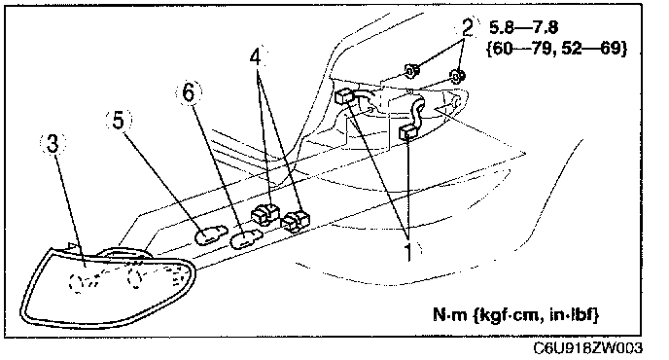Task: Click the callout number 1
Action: [x=408, y=252]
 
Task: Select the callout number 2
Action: [x=467, y=28]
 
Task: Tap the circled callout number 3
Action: [x=53, y=143]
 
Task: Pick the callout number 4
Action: [x=255, y=57]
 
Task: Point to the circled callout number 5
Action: [x=119, y=120]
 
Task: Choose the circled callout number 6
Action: [x=189, y=92]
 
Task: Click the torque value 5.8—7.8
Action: [x=523, y=28]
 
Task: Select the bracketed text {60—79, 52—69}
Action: [x=556, y=49]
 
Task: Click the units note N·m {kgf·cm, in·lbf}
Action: [x=515, y=314]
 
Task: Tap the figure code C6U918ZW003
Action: [x=587, y=348]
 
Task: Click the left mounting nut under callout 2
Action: [x=411, y=72]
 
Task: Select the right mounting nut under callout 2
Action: [x=458, y=76]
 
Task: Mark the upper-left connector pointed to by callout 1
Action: [x=345, y=96]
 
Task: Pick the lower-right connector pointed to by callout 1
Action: [x=407, y=133]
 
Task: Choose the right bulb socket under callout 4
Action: [x=297, y=221]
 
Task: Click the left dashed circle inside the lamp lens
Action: [x=77, y=283]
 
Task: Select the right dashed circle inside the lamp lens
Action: [x=136, y=278]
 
